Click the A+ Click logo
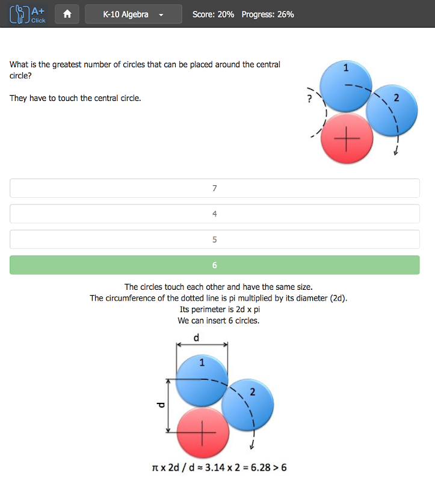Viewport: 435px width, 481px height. (x=28, y=14)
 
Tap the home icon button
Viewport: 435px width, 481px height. (x=67, y=14)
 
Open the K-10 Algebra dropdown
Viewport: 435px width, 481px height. (x=134, y=14)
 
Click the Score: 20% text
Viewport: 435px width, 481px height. (x=213, y=14)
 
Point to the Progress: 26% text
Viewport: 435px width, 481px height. (x=268, y=14)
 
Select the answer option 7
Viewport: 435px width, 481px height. (x=214, y=188)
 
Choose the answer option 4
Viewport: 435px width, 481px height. (x=214, y=214)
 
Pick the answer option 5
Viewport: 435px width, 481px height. (x=214, y=239)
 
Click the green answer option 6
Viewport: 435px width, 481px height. (x=214, y=265)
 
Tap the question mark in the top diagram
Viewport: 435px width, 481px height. (x=309, y=98)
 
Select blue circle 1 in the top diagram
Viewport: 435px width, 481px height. (x=345, y=84)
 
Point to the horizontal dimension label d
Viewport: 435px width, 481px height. (x=196, y=337)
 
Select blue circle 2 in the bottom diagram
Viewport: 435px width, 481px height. (x=248, y=404)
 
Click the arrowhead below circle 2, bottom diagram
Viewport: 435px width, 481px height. (x=252, y=446)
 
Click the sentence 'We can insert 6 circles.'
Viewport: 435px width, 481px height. (x=218, y=320)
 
